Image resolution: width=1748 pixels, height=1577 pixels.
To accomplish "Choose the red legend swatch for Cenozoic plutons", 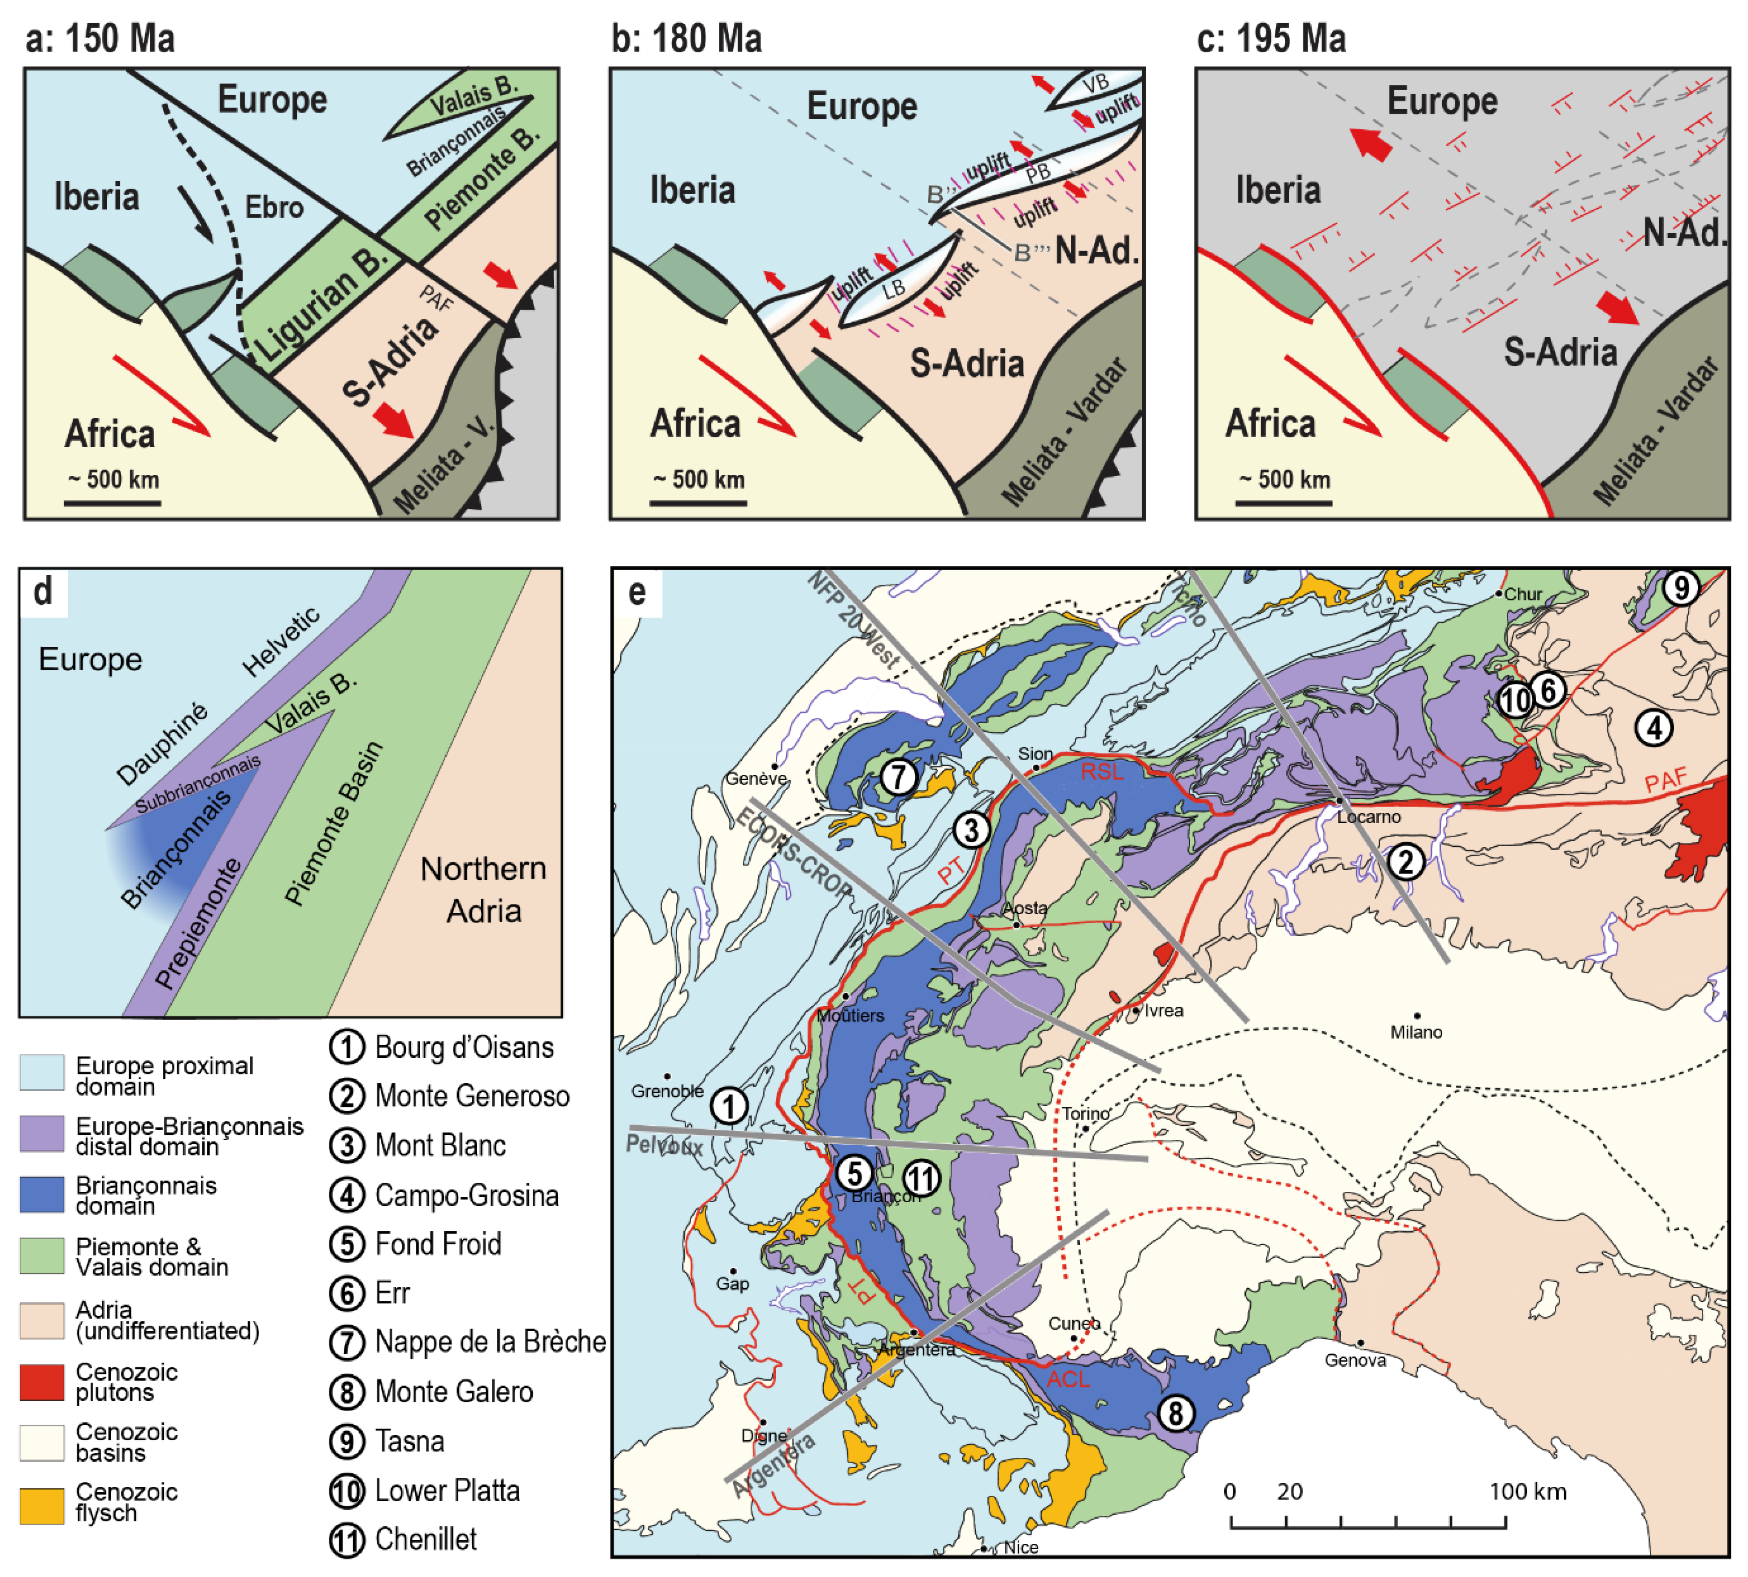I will tap(42, 1382).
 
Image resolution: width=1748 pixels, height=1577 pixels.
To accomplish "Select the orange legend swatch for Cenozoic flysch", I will tap(42, 1505).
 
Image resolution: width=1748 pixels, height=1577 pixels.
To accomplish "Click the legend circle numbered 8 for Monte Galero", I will tap(347, 1391).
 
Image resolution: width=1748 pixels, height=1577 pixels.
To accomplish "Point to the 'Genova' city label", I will tap(1355, 1360).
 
